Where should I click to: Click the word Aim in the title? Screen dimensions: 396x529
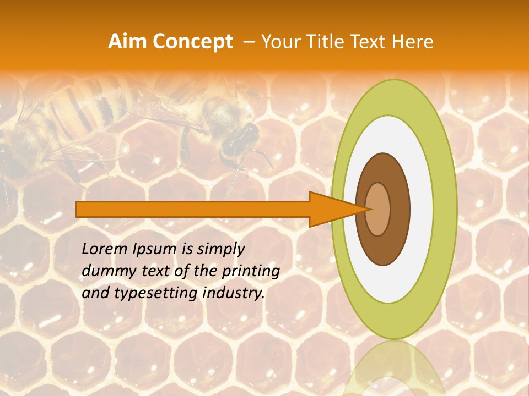(127, 42)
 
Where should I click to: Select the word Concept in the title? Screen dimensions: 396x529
(192, 42)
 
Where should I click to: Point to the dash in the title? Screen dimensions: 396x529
(249, 42)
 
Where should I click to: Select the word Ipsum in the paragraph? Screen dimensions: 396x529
(156, 249)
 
